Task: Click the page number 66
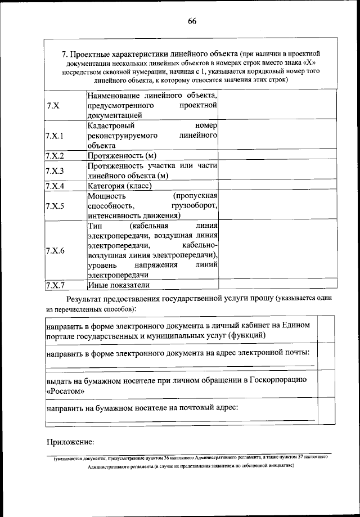[x=192, y=21]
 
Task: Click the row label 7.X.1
[x=55, y=136]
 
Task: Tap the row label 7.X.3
[x=55, y=171]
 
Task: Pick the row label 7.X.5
[x=55, y=206]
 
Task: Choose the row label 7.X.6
[x=55, y=250]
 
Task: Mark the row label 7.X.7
[x=55, y=285]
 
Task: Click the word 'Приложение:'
[x=70, y=442]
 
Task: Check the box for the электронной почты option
[x=325, y=358]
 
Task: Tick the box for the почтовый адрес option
[x=325, y=412]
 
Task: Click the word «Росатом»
[x=65, y=390]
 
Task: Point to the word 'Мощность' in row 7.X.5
[x=106, y=196]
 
